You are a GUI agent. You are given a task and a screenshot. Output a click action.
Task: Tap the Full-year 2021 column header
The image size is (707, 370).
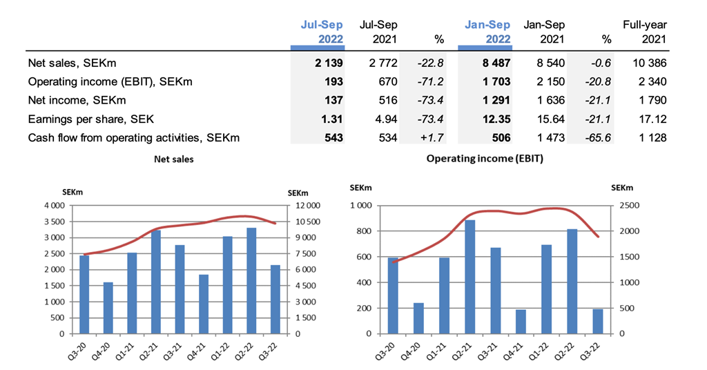point(644,32)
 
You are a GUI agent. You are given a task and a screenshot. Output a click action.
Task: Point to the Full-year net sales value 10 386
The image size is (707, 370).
point(649,64)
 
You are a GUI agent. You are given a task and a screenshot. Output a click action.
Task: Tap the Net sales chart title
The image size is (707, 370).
point(173,159)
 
